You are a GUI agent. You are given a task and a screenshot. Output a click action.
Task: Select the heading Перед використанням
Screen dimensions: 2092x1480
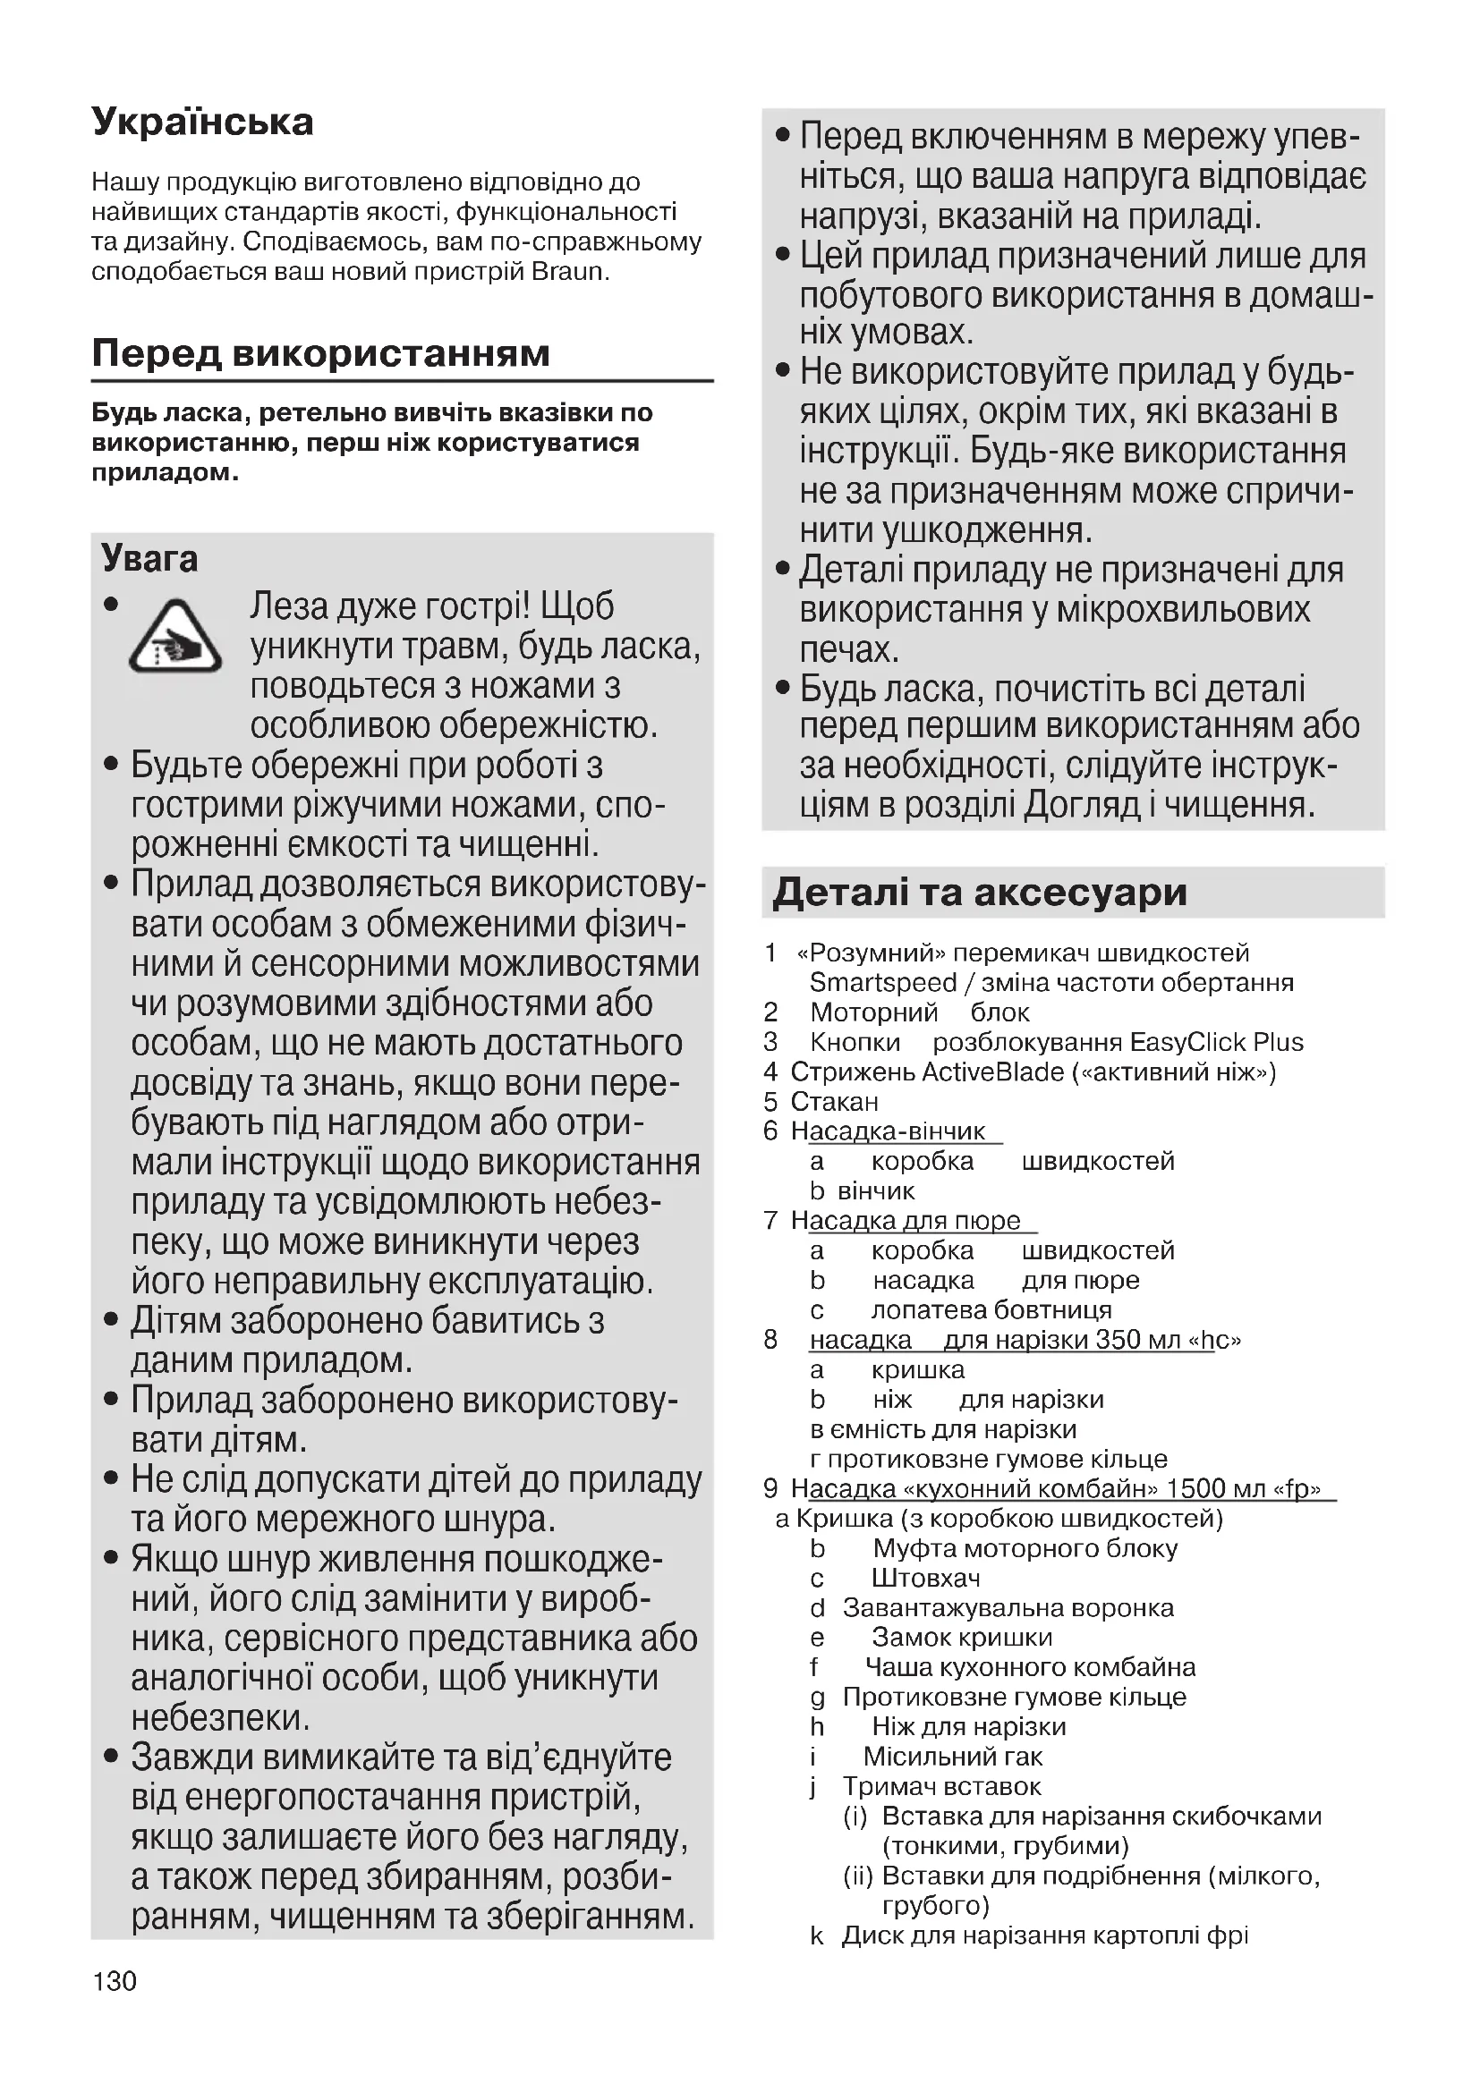pos(321,353)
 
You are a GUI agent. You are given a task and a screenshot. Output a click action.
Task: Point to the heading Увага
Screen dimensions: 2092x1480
pos(149,558)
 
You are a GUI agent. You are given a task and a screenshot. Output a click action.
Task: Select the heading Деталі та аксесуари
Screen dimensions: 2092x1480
pos(980,892)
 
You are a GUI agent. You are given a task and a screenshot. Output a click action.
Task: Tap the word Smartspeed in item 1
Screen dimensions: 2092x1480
pos(882,982)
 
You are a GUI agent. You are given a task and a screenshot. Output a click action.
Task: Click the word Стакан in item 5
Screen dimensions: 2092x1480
pos(834,1102)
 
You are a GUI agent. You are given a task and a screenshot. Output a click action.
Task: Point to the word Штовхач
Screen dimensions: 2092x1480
pos(926,1578)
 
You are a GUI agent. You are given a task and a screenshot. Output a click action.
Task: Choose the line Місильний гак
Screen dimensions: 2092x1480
pos(952,1757)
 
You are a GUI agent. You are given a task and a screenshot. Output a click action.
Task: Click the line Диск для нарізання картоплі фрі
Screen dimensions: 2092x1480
pos(1044,1935)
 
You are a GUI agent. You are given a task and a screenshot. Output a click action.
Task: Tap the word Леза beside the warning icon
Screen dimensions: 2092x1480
pos(289,606)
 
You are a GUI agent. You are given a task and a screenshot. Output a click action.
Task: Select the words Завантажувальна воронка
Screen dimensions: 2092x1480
pos(1008,1608)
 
